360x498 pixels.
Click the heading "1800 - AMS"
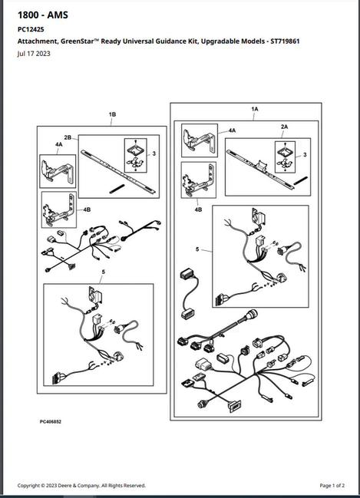tap(42, 15)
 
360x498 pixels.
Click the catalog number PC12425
tap(31, 29)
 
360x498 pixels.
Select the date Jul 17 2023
tap(34, 54)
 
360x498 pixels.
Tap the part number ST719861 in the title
tap(285, 41)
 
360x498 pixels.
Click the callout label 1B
tap(112, 114)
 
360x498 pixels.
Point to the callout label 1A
tap(255, 109)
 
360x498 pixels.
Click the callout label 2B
tap(68, 137)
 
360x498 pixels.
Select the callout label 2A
tap(284, 127)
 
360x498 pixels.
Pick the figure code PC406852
tap(51, 422)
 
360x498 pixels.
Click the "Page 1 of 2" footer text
tap(332, 485)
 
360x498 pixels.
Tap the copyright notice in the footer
tap(81, 485)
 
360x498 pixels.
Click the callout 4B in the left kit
tap(87, 209)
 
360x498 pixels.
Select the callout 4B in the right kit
tap(198, 209)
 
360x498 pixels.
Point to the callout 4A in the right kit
tap(232, 130)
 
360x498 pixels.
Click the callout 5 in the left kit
tap(104, 272)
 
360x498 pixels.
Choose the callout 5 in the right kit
tap(197, 249)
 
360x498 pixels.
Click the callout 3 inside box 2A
tap(305, 155)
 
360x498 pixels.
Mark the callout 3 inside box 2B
tap(154, 153)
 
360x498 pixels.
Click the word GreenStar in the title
tap(76, 41)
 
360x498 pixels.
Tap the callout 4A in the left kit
tap(59, 144)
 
